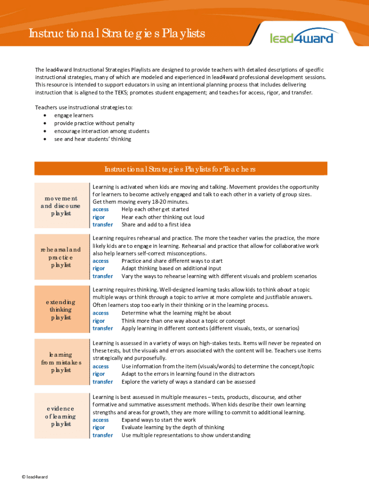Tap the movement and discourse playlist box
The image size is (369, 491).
click(60, 205)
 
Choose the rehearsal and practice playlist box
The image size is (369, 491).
click(60, 257)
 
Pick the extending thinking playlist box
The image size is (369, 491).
click(60, 310)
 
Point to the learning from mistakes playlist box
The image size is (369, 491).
click(60, 362)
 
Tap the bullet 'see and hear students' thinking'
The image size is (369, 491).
click(92, 139)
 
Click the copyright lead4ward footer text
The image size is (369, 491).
click(35, 477)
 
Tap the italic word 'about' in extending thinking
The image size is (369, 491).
click(284, 290)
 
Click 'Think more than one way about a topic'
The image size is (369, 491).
click(184, 321)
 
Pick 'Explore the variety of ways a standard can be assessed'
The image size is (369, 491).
click(188, 382)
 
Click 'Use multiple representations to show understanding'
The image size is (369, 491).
click(186, 435)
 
